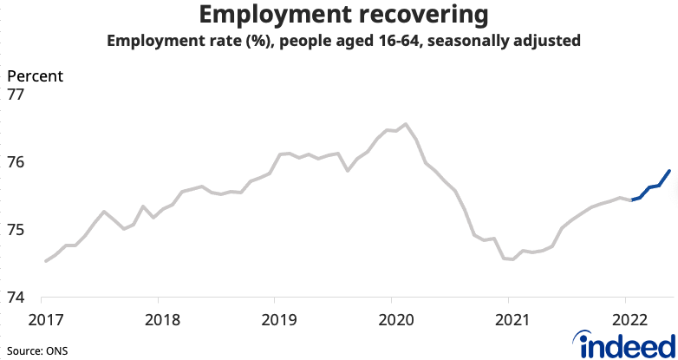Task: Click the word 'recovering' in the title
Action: coord(414,16)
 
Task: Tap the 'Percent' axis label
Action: coord(36,75)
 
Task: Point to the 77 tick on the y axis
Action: coord(19,95)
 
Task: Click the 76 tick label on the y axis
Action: coord(19,162)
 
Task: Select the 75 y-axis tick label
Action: coord(19,230)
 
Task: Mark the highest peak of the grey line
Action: coord(407,124)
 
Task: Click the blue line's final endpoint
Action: coord(669,170)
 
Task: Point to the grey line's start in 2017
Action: coord(45,260)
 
